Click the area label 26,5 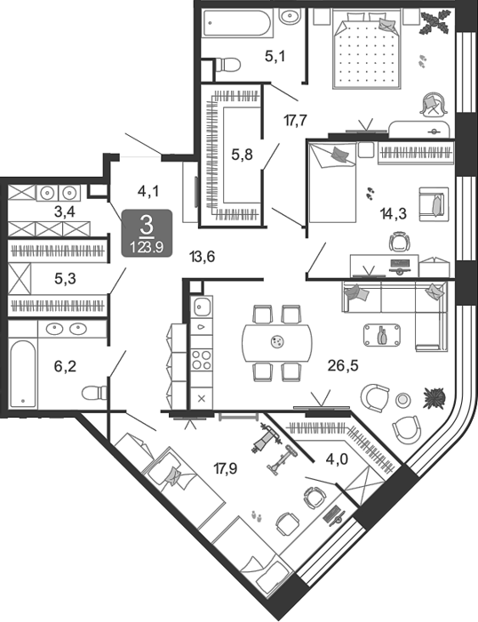[x=343, y=365]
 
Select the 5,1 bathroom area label [x=275, y=57]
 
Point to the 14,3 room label [x=394, y=214]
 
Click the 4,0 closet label [x=337, y=459]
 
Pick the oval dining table [x=277, y=343]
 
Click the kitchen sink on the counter [x=202, y=307]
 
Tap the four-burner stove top [x=202, y=360]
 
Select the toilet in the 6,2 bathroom [x=94, y=393]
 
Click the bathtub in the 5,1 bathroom [x=237, y=23]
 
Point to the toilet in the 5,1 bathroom [x=227, y=65]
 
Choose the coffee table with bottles [x=382, y=335]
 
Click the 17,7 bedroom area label [x=296, y=120]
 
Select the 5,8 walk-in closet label [x=242, y=155]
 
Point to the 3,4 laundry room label [x=65, y=212]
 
